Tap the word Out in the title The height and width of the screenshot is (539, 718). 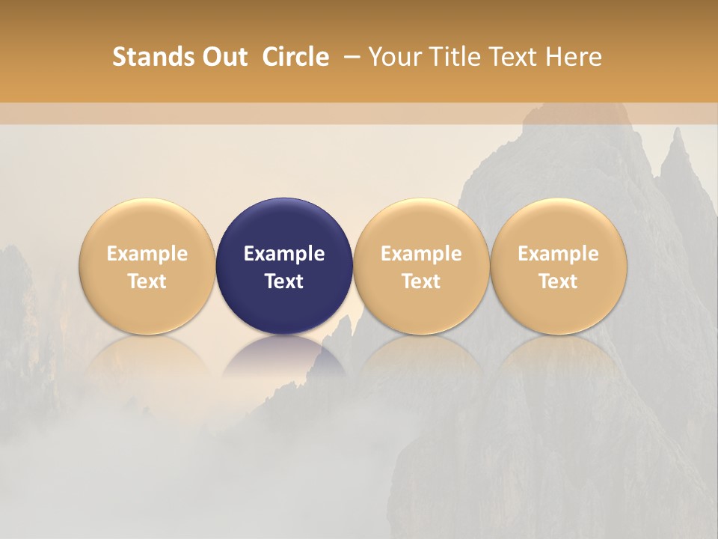pyautogui.click(x=223, y=57)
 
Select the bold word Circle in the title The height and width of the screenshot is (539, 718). pyautogui.click(x=295, y=57)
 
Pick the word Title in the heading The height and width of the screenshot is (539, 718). pyautogui.click(x=450, y=57)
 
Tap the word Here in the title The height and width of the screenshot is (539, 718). pyautogui.click(x=573, y=57)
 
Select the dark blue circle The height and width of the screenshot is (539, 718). pyautogui.click(x=284, y=225)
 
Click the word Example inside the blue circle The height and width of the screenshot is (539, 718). pyautogui.click(x=284, y=254)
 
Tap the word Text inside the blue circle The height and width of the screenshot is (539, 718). pyautogui.click(x=284, y=281)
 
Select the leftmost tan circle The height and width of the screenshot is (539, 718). pyautogui.click(x=147, y=225)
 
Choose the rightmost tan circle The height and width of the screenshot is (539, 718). pyautogui.click(x=559, y=225)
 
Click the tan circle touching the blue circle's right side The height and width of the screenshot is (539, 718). pyautogui.click(x=421, y=225)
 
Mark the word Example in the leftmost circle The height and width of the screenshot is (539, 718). pyautogui.click(x=147, y=254)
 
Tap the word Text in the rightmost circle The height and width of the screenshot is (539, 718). pyautogui.click(x=559, y=281)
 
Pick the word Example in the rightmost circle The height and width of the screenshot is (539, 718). pyautogui.click(x=559, y=254)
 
